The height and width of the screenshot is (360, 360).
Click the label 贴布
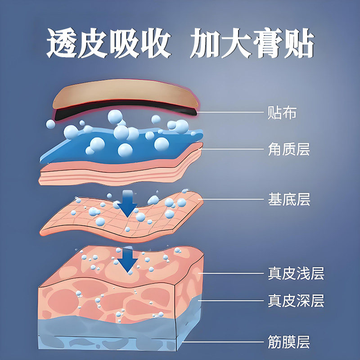(x=282, y=112)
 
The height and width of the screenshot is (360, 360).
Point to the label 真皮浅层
(x=296, y=273)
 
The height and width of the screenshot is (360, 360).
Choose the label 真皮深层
(x=296, y=300)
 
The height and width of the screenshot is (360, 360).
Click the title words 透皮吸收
(x=108, y=45)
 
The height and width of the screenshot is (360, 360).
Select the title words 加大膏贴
(x=251, y=45)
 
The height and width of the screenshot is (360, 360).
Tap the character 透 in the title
(x=62, y=45)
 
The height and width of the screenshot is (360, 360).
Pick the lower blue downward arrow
(x=129, y=260)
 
